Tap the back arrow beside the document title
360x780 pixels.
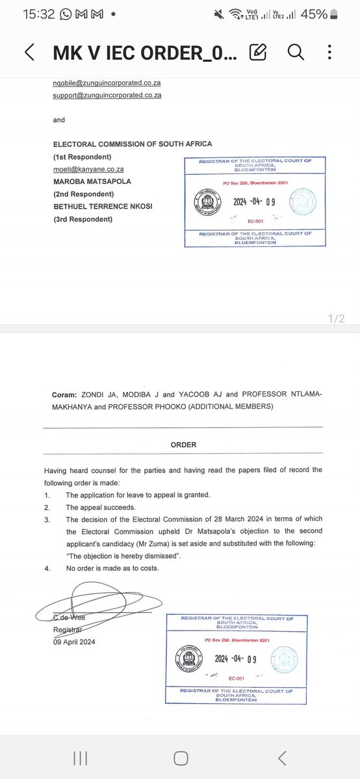29,53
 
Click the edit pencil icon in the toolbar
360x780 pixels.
258,52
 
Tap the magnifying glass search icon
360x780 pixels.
296,52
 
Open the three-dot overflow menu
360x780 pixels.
331,52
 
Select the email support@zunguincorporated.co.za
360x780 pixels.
107,95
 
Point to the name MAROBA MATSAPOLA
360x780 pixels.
92,181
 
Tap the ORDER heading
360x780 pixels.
183,445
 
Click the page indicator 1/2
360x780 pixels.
337,318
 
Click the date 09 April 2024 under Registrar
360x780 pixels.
75,642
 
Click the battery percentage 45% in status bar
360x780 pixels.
314,14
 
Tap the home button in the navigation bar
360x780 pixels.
181,757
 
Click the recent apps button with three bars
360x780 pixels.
81,757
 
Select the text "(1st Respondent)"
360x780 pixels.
83,157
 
